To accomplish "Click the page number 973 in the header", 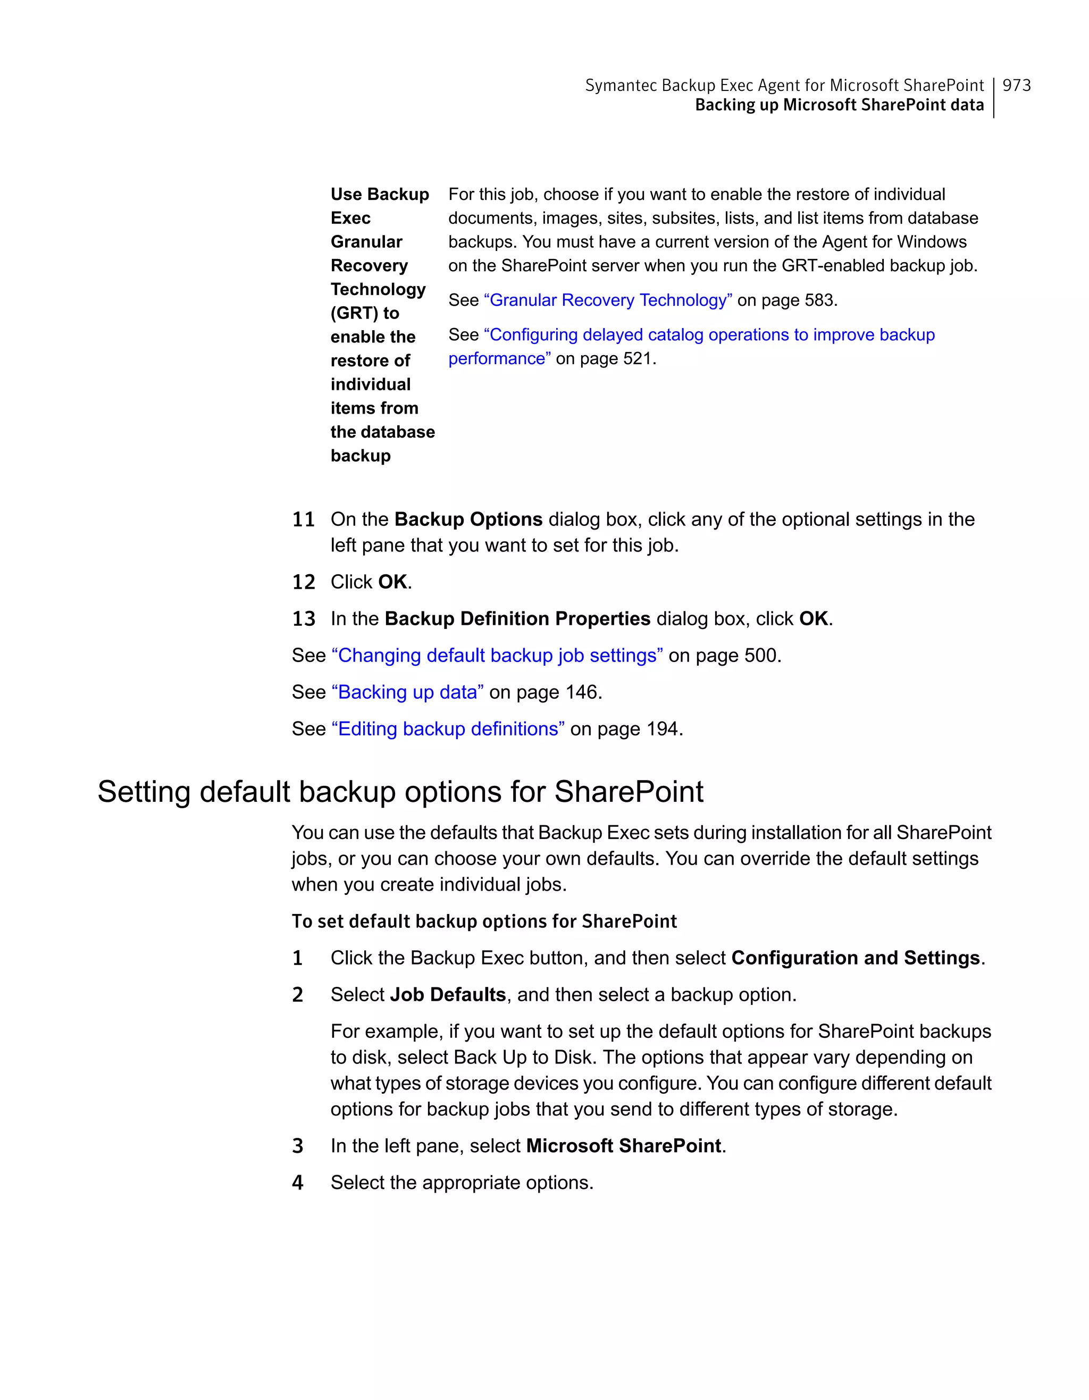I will coord(1017,85).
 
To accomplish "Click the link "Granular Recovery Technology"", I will coord(608,300).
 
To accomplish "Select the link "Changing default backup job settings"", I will coord(497,655).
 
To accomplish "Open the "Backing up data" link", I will coord(407,692).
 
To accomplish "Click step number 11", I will coord(303,519).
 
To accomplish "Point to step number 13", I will coord(303,618).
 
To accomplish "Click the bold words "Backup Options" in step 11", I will coord(468,519).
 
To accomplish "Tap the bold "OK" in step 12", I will coord(392,582).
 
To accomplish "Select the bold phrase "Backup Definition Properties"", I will coord(517,618).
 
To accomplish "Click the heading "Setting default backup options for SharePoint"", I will coord(400,792).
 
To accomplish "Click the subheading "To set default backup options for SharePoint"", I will coord(484,921).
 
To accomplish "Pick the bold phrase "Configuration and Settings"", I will coord(855,958).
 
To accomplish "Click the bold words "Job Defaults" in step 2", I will coord(447,994).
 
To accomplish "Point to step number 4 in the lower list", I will coord(297,1183).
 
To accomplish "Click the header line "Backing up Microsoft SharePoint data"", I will coord(839,105).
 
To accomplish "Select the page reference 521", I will coord(637,358).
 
